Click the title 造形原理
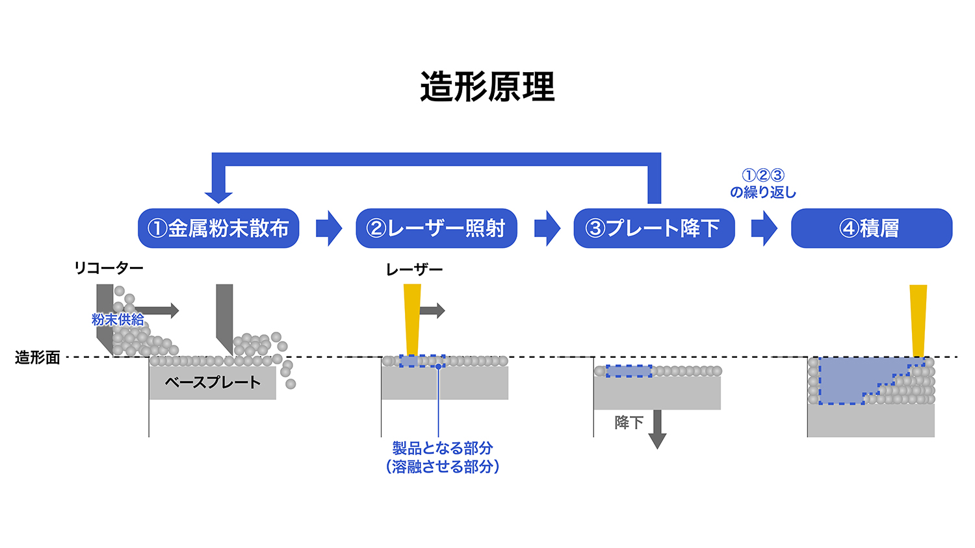(487, 87)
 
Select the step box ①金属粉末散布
(218, 229)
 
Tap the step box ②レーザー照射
(436, 229)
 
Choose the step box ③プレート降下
(654, 229)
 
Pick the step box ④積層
(871, 229)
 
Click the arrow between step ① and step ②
(329, 229)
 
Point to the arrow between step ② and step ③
(547, 229)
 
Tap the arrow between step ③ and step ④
(764, 229)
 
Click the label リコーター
(109, 268)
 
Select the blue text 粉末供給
(118, 319)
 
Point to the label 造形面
(38, 358)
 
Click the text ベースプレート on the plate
(213, 382)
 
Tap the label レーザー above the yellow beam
(414, 269)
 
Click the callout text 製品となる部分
(443, 448)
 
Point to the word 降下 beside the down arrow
(629, 423)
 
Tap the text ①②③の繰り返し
(763, 184)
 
